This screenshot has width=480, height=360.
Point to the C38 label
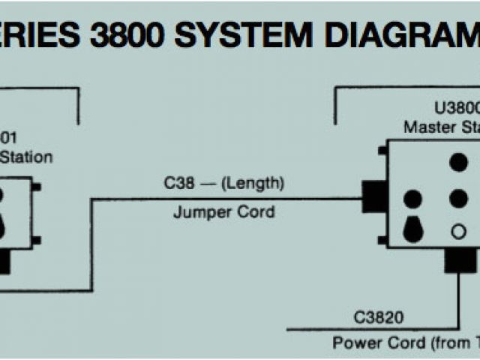click(180, 183)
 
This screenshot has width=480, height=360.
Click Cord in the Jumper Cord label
click(255, 211)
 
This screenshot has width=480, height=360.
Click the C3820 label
click(378, 318)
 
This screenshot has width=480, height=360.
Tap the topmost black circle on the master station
click(458, 162)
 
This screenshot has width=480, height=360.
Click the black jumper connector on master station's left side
click(373, 196)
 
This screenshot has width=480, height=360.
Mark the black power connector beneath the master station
click(460, 259)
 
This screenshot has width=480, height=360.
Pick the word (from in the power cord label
click(445, 343)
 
